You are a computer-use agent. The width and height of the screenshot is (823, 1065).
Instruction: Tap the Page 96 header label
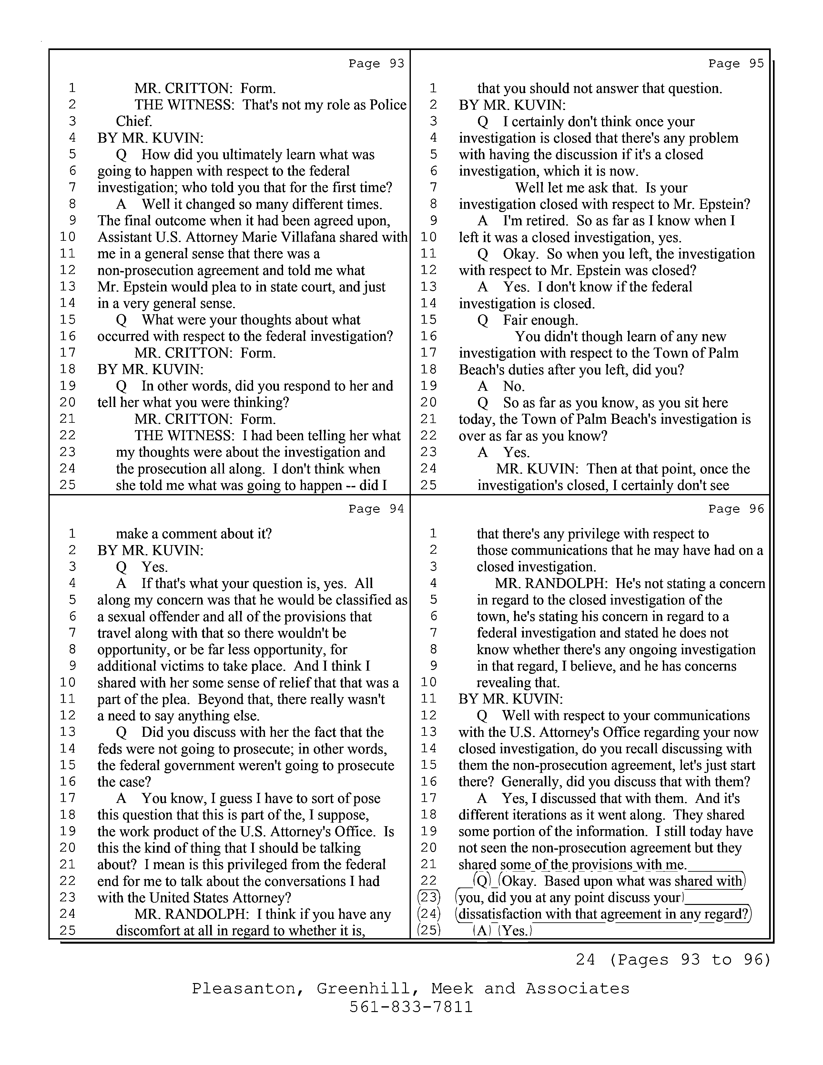click(736, 509)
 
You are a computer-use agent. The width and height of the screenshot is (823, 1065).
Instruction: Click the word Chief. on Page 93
click(134, 121)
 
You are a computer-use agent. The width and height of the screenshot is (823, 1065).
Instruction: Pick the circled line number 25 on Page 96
click(429, 930)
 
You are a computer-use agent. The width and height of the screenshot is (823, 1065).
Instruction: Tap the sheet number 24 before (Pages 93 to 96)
click(585, 960)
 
